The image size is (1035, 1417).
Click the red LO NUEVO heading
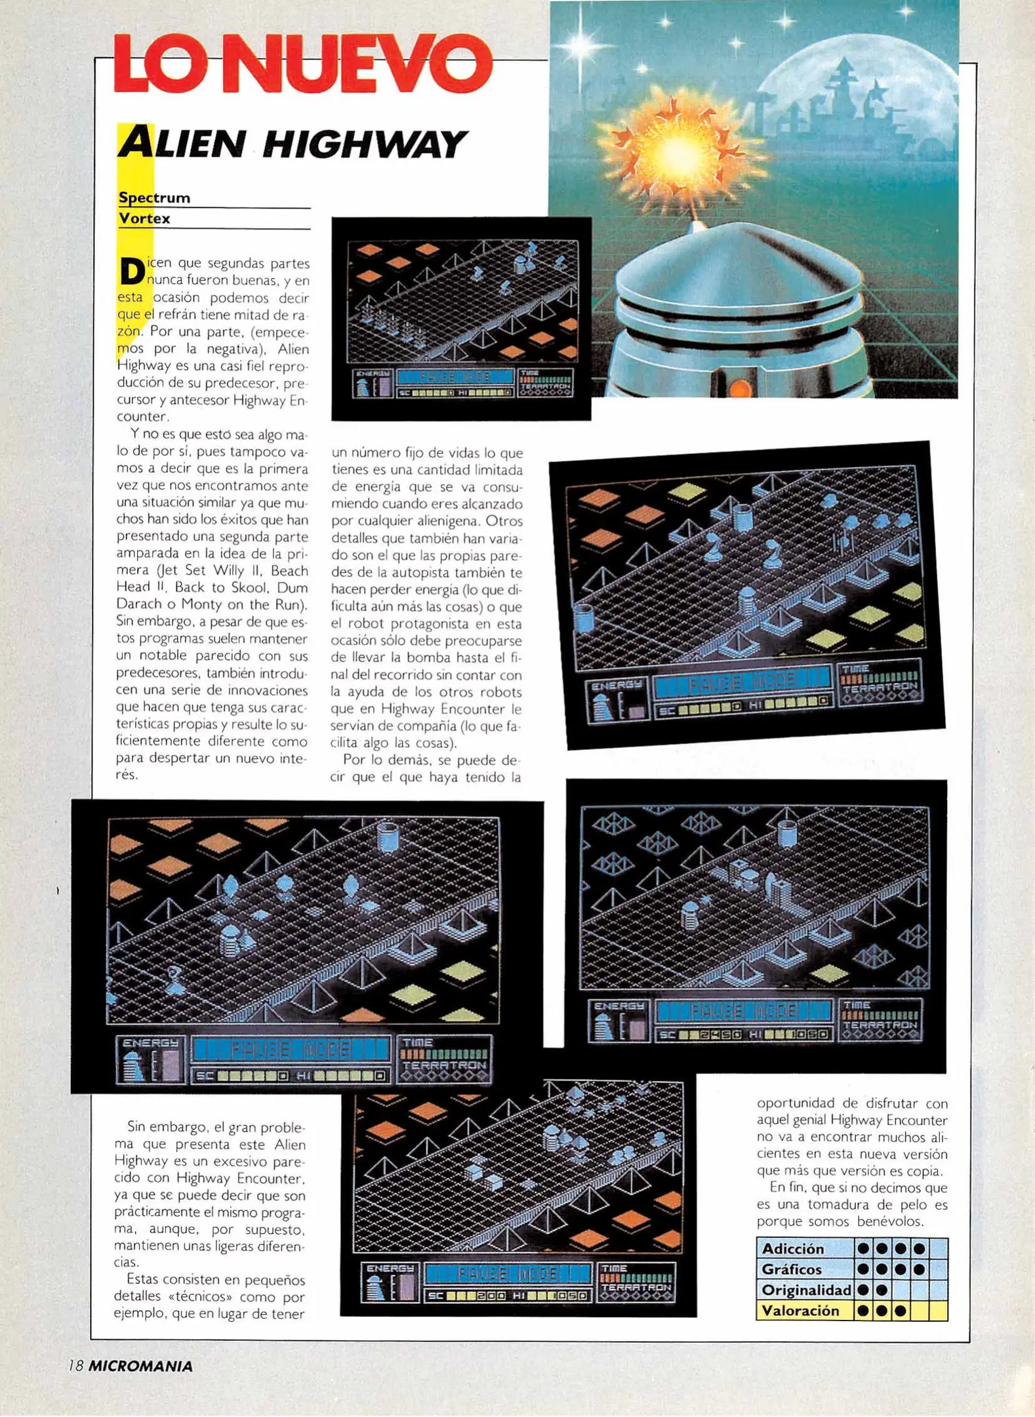tap(302, 64)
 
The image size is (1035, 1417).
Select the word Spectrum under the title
tap(154, 197)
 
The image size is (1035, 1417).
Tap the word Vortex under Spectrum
tap(144, 218)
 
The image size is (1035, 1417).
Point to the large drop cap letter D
tap(132, 272)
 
